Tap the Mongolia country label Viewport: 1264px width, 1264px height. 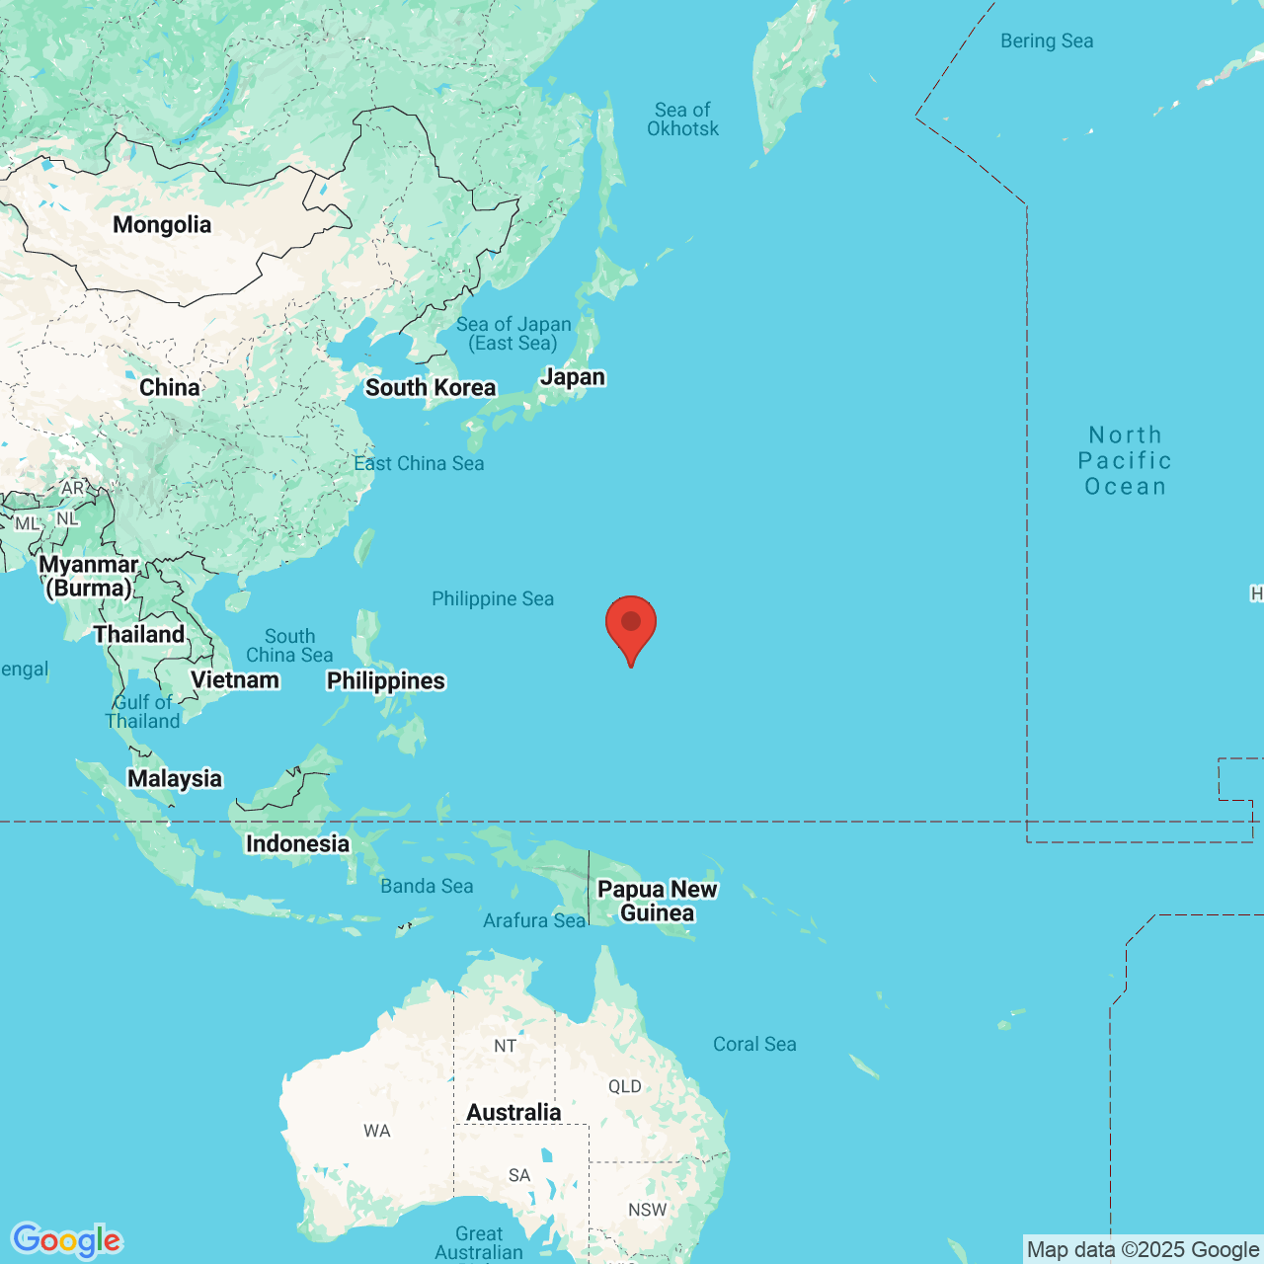[x=162, y=225]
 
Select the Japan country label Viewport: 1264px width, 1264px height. [x=573, y=377]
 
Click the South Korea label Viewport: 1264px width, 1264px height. [x=431, y=388]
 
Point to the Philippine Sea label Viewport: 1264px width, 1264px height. [x=493, y=598]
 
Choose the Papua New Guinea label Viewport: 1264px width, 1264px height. [x=658, y=901]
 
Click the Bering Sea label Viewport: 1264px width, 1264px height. [x=1047, y=40]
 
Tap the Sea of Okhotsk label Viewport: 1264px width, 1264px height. [x=682, y=119]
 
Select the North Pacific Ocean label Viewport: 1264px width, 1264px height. [x=1125, y=460]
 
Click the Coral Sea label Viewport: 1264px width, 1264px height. [x=754, y=1044]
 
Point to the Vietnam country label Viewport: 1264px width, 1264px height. [x=235, y=679]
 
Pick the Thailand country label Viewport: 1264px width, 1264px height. [x=139, y=634]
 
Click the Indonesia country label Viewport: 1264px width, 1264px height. [x=297, y=843]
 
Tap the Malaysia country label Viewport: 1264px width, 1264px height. [x=175, y=778]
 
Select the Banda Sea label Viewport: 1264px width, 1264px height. [x=427, y=886]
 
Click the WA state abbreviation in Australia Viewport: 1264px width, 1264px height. [x=377, y=1131]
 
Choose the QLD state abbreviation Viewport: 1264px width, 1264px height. [x=624, y=1086]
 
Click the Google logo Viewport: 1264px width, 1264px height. [x=66, y=1240]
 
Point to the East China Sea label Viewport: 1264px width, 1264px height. [x=419, y=463]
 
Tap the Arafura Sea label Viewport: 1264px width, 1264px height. [x=534, y=920]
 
